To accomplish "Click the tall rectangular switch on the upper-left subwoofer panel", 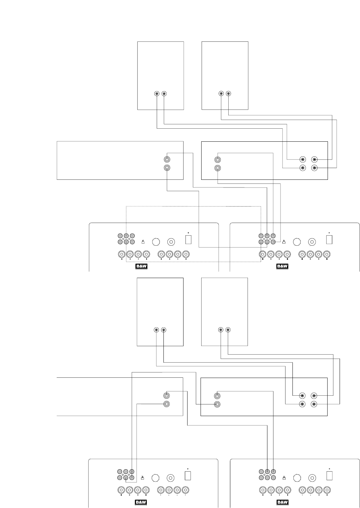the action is (188, 240).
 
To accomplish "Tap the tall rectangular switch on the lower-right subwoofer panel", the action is (329, 475).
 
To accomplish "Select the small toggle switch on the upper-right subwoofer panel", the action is (284, 242).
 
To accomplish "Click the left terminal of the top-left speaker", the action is (157, 94).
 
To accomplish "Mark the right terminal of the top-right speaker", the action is (228, 94).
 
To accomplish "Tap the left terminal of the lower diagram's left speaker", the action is (156, 330).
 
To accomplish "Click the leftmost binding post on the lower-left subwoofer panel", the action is (121, 490).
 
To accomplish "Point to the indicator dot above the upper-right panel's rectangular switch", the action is (329, 232).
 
